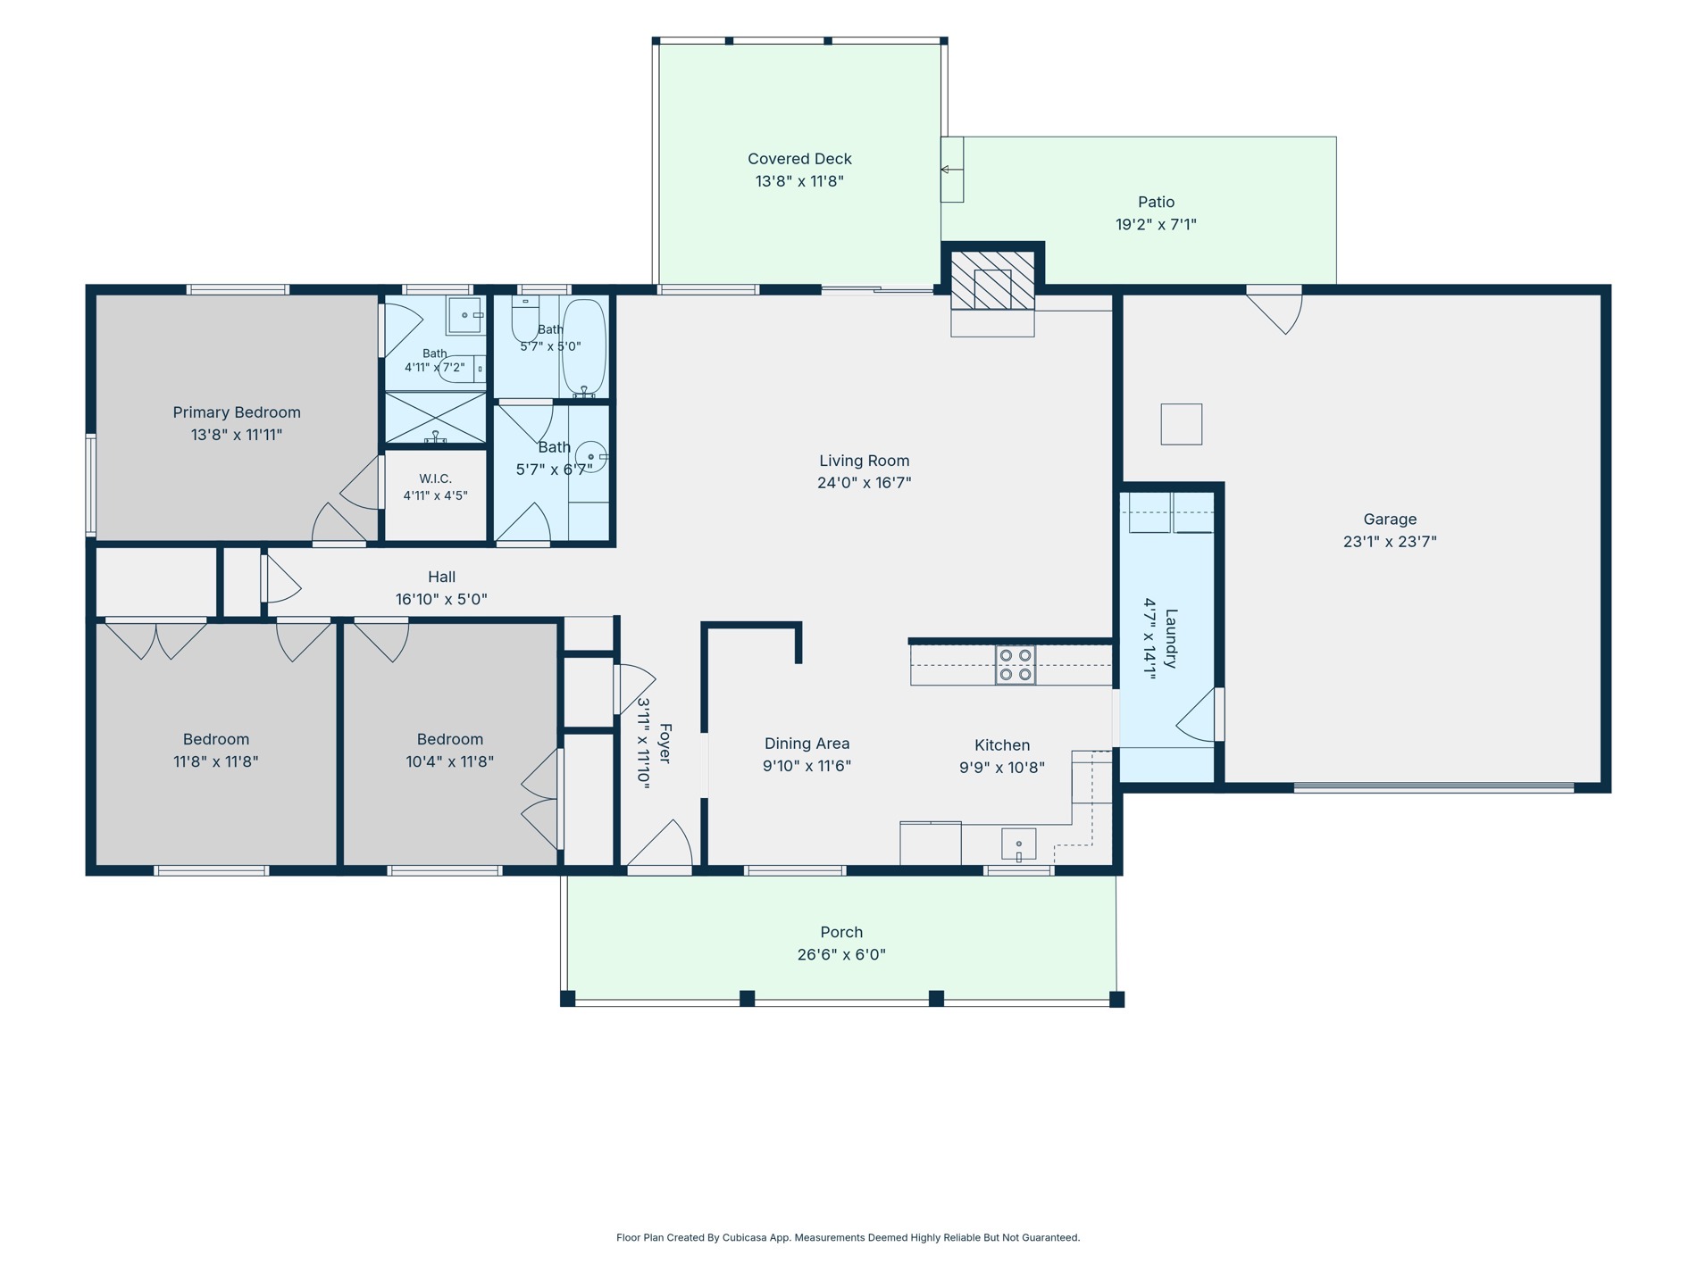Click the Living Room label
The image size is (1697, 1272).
[864, 461]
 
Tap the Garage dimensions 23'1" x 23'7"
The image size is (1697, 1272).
[1390, 541]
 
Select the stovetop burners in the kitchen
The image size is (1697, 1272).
[1016, 665]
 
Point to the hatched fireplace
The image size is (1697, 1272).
[992, 280]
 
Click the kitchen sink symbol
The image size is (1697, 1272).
[1018, 844]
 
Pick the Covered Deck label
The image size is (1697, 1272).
[799, 159]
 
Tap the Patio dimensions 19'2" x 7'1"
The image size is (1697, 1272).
[1156, 224]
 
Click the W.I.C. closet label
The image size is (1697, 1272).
[435, 478]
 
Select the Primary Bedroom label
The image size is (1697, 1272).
[237, 412]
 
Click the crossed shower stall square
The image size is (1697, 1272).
[435, 417]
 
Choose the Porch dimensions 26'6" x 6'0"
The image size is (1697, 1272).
[841, 954]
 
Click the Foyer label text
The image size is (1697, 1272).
[665, 744]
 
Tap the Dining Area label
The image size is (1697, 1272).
[807, 744]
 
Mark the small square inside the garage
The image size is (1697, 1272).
[1181, 424]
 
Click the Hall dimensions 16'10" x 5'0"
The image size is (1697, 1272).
[441, 599]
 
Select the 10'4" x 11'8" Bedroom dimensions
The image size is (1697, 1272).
[449, 761]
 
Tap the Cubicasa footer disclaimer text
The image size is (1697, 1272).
[848, 1237]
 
